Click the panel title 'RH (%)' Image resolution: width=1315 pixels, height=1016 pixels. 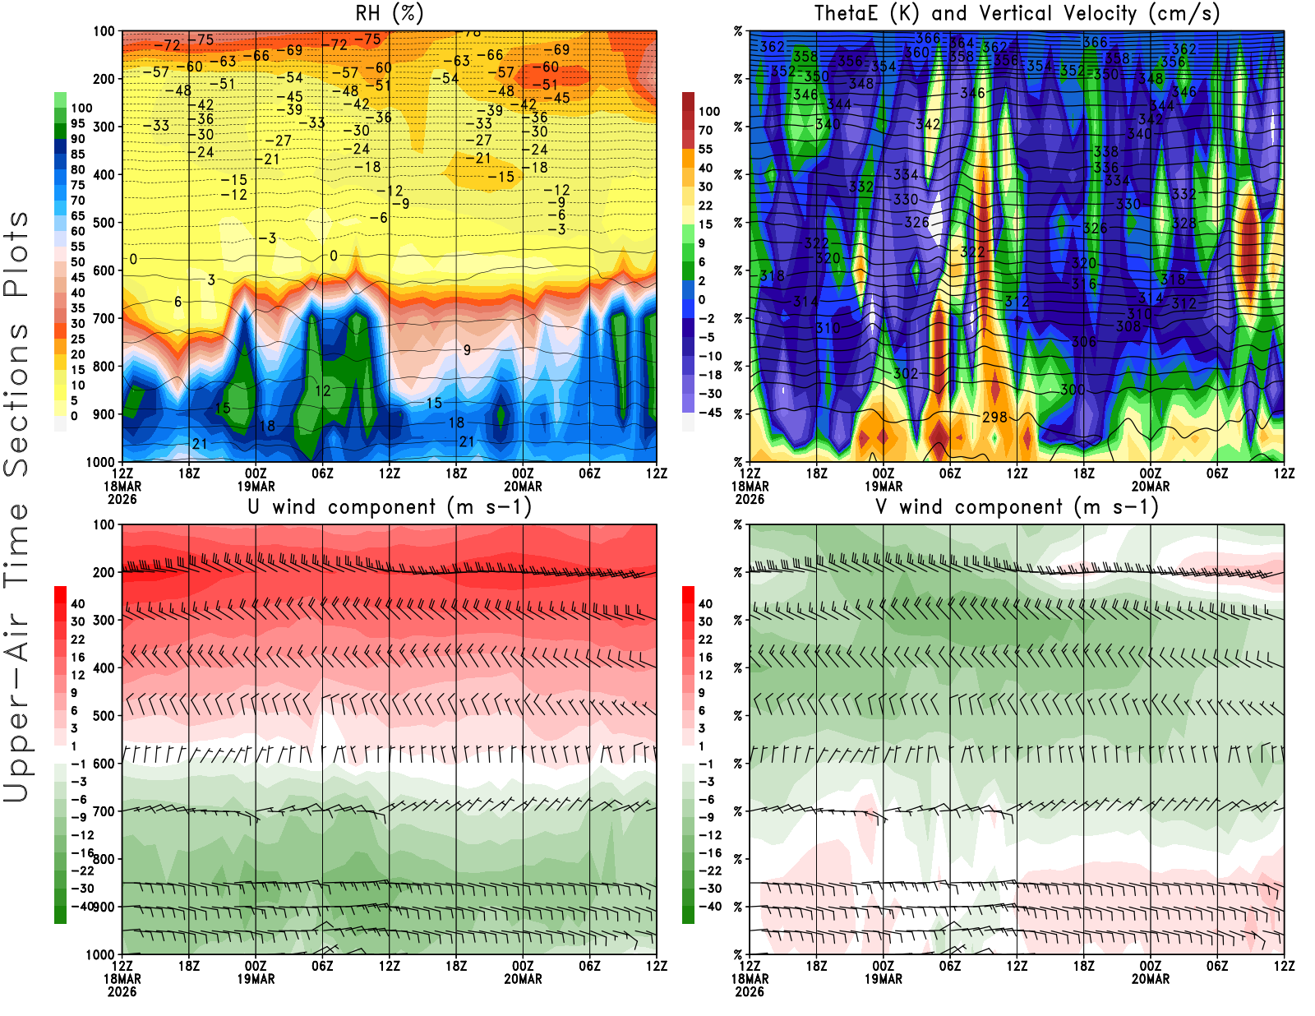390,13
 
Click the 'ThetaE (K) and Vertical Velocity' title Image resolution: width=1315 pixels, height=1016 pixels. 1017,13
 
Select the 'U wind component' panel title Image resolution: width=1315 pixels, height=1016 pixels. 390,507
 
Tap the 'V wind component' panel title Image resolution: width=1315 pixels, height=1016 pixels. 1017,507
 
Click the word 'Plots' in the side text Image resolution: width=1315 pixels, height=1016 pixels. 16,254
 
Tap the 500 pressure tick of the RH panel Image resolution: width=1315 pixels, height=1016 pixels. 104,223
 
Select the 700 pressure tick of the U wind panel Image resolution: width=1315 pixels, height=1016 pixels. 104,811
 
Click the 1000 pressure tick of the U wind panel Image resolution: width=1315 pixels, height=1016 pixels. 101,954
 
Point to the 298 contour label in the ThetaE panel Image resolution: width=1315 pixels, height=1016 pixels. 994,418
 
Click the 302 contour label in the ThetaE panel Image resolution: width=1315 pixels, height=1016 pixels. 906,374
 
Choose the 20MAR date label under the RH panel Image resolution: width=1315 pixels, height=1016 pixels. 523,486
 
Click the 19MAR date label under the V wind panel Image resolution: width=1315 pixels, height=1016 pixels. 884,979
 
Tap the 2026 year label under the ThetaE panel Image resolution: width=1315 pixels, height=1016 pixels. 750,499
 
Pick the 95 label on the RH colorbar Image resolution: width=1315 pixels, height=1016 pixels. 78,123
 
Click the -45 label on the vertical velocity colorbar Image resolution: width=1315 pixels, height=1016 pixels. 709,413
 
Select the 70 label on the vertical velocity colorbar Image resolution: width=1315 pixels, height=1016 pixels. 705,130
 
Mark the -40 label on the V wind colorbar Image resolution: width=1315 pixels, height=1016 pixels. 709,907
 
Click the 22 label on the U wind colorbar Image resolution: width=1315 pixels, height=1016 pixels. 78,640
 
